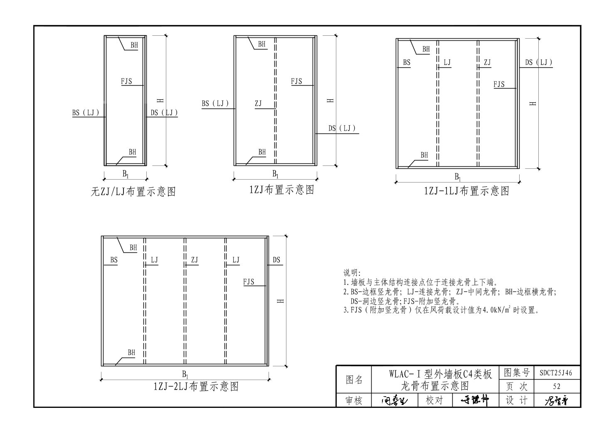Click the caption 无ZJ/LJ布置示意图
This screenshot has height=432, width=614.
(133, 192)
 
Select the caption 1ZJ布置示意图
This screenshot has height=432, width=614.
(282, 190)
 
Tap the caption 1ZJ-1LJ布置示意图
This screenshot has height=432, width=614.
(466, 191)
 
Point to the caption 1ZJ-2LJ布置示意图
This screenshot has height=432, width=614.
(196, 387)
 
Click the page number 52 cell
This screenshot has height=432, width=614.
(557, 386)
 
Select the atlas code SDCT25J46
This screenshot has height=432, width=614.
(557, 373)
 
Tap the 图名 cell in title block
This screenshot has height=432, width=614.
(354, 380)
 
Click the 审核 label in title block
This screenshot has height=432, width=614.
(354, 400)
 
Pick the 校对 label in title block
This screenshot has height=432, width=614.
(434, 400)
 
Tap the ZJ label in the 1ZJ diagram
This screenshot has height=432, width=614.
(259, 104)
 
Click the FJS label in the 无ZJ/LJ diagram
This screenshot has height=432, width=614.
(126, 81)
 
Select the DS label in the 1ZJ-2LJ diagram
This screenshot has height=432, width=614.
(276, 260)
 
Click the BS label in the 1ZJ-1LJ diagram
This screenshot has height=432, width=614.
(406, 62)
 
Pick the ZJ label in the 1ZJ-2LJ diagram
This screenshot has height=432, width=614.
(195, 260)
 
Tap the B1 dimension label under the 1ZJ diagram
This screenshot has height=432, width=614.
(276, 173)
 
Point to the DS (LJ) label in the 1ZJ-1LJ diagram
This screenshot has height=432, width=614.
(538, 62)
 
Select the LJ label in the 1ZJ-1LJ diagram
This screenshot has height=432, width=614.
(447, 62)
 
